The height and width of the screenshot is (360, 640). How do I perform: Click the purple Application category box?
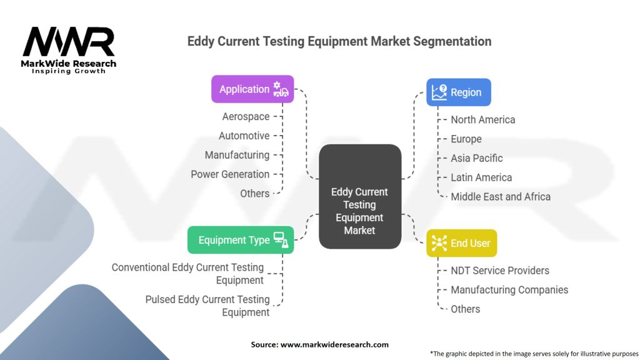point(252,89)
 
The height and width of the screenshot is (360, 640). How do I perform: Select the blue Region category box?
point(458,92)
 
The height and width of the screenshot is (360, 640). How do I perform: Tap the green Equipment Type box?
point(241,240)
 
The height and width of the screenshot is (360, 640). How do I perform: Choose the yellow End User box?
point(461,243)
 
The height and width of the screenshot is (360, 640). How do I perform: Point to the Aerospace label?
point(246,116)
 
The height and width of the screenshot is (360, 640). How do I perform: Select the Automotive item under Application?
point(244,136)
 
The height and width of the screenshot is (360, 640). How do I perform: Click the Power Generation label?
point(230,174)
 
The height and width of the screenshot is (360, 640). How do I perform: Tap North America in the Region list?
point(482,119)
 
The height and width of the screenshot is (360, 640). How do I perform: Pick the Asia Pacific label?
point(476,158)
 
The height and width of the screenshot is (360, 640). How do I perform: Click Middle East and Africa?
point(501,197)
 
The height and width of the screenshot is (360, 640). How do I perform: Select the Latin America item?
point(481,177)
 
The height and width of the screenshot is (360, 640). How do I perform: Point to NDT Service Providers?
point(500,271)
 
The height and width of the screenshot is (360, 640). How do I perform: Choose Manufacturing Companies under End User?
point(509,290)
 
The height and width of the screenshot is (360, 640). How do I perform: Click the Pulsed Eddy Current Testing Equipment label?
point(207,306)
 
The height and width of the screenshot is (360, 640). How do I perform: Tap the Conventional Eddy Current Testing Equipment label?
point(187,274)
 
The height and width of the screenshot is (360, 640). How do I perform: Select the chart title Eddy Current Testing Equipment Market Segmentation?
point(339,42)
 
